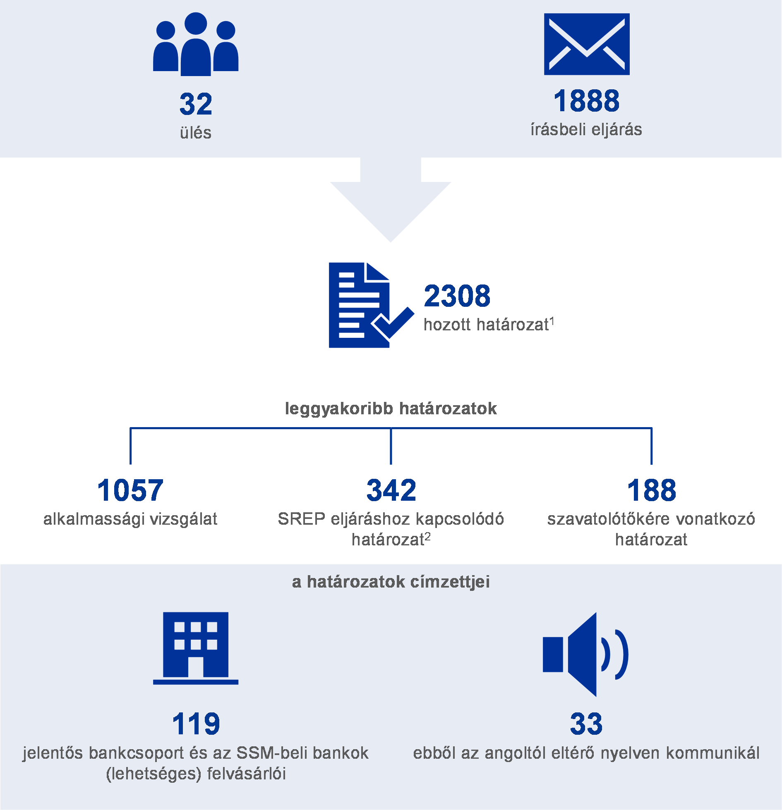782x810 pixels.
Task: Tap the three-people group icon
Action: coord(196,44)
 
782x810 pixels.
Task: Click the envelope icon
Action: coord(587,44)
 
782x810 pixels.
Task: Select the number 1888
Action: coord(586,101)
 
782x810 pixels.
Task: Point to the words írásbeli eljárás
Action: coord(586,129)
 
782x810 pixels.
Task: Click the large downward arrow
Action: coord(391,200)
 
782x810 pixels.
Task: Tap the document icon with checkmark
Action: coord(371,305)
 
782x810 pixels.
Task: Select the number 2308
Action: coord(457,296)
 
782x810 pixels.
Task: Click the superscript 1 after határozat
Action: coord(552,321)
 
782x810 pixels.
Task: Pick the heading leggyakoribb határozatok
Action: coord(391,409)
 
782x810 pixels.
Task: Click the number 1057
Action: coord(130,490)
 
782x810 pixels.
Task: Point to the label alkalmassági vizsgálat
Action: coord(130,519)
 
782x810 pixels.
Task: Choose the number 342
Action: coord(391,490)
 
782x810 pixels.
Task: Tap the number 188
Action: coord(652,490)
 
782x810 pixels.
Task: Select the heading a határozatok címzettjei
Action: coord(391,582)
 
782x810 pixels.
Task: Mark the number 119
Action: coord(196,724)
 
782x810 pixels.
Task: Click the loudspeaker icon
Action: coord(586,655)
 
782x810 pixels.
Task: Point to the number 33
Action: coord(586,724)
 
